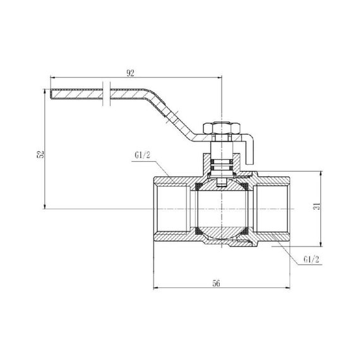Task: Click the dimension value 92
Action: tap(130, 73)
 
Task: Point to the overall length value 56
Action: tap(215, 284)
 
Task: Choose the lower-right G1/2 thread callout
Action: tap(310, 259)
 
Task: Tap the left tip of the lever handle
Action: tap(50, 94)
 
